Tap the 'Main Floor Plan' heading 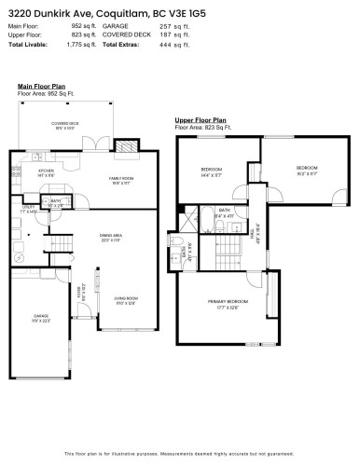(40, 86)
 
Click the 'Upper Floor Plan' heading (201, 120)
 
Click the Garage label (41, 319)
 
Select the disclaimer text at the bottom (180, 453)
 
